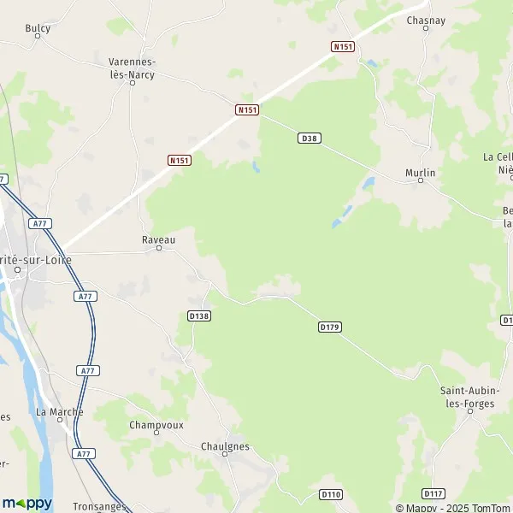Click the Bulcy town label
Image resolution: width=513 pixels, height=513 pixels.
click(x=38, y=28)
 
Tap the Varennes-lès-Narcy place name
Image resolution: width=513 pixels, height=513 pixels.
click(x=133, y=68)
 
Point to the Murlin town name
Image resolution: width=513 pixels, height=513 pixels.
click(x=421, y=173)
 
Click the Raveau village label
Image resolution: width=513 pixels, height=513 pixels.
click(x=158, y=240)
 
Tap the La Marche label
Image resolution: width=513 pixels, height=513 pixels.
click(x=60, y=411)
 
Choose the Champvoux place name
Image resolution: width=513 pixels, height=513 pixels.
click(x=156, y=424)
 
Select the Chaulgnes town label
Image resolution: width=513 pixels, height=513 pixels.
click(x=225, y=446)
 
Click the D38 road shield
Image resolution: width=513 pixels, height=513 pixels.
click(x=310, y=138)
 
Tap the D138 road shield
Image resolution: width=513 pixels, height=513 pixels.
click(x=198, y=315)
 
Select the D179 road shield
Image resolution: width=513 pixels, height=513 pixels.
click(x=330, y=327)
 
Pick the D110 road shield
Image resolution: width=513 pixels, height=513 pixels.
click(x=331, y=494)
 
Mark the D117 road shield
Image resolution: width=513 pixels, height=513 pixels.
click(x=433, y=494)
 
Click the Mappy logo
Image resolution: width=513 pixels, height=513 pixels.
click(x=27, y=503)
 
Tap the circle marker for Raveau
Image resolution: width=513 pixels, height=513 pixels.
click(x=159, y=249)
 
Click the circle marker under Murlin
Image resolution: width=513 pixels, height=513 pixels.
click(x=421, y=180)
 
